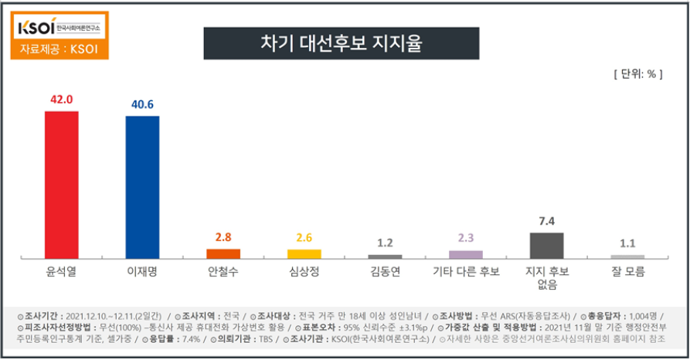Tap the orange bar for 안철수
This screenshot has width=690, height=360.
click(223, 253)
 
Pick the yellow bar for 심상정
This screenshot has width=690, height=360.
click(304, 253)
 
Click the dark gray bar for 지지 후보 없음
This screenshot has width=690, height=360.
click(546, 245)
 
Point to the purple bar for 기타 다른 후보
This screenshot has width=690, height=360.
click(466, 254)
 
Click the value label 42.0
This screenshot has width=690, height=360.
click(61, 100)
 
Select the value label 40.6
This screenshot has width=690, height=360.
click(142, 106)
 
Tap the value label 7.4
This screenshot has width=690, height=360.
click(546, 222)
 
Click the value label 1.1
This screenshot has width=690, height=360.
click(627, 244)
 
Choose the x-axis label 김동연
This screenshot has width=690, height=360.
click(385, 272)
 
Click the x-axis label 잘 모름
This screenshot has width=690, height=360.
click(627, 272)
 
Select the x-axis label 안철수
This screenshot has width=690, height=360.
click(223, 272)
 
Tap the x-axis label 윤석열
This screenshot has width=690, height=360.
click(61, 272)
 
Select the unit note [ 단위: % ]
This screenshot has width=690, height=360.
click(637, 74)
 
